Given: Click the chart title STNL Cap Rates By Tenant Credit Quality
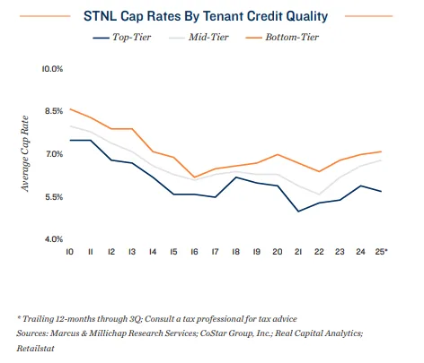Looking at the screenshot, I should point(213,15).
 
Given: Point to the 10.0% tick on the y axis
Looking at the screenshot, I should point(52,69).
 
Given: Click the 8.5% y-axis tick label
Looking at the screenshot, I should point(52,111).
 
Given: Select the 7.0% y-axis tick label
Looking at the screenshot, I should point(52,154).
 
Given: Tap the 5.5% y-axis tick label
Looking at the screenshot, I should point(52,197).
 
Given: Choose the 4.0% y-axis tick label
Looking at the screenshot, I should point(52,239).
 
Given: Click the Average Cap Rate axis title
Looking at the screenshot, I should point(26,154).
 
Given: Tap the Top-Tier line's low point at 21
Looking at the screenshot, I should point(298,212).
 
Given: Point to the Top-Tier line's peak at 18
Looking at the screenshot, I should point(235,177).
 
